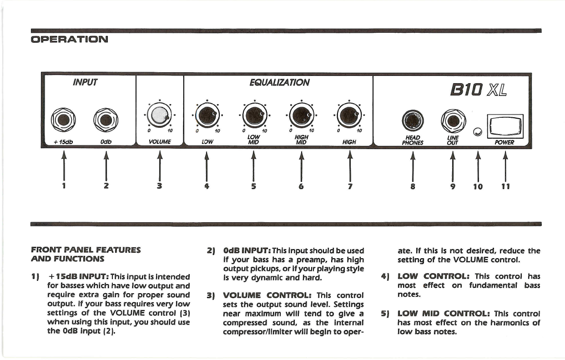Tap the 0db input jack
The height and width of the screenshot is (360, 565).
click(106, 120)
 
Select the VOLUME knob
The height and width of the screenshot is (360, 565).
click(159, 115)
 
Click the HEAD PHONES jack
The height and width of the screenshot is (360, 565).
click(413, 121)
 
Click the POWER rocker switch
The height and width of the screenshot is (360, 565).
click(504, 126)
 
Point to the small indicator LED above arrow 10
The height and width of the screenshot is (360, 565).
click(477, 132)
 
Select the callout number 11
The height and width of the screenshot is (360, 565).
click(505, 186)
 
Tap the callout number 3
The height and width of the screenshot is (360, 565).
click(159, 186)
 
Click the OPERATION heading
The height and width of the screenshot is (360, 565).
click(69, 39)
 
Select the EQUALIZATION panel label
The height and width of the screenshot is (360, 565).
click(279, 82)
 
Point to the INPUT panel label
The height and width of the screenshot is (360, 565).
click(85, 82)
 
